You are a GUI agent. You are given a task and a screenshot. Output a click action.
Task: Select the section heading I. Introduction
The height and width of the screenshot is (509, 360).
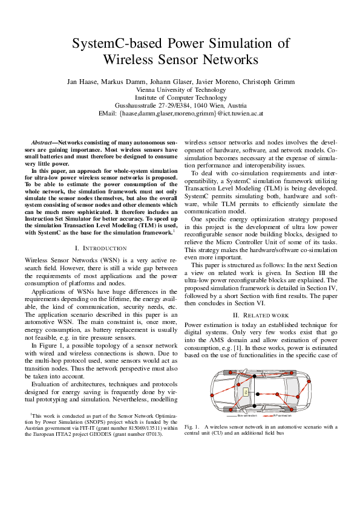[100, 248]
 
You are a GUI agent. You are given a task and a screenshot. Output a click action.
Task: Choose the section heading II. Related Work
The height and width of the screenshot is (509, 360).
[261, 315]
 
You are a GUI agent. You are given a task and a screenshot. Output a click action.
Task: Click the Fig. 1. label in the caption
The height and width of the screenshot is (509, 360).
[192, 427]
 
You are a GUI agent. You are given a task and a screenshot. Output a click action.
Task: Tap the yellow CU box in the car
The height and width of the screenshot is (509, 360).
[246, 392]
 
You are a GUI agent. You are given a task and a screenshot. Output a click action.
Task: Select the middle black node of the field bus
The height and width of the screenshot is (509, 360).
[257, 394]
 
